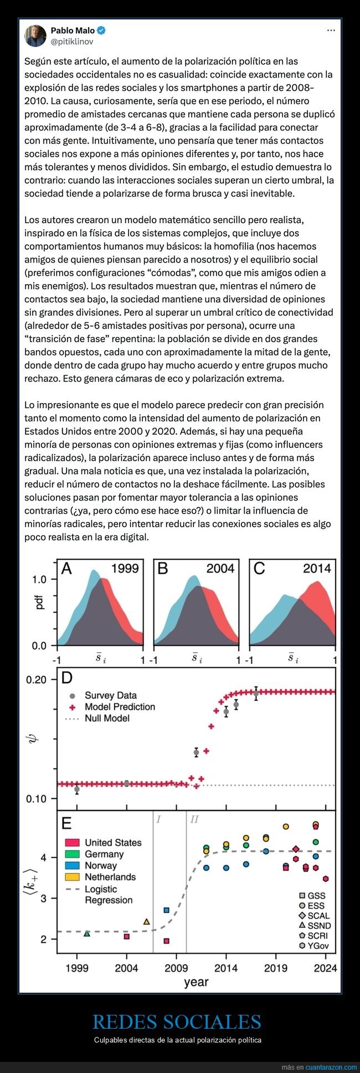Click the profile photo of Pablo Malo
(x=35, y=36)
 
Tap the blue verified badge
(x=102, y=30)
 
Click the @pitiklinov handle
(x=72, y=42)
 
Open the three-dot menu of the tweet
(x=331, y=30)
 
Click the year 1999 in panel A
(x=125, y=568)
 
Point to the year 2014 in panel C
(x=317, y=568)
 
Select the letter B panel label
(x=163, y=568)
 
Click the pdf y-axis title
(x=39, y=603)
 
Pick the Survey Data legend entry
(x=110, y=695)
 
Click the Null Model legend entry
(x=107, y=718)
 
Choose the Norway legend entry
(x=100, y=865)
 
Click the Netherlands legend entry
(x=110, y=877)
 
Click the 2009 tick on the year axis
(x=177, y=968)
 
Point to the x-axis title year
(x=196, y=982)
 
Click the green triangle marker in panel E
(x=87, y=933)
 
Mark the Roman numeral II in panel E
(x=194, y=819)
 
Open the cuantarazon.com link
(x=331, y=1067)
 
